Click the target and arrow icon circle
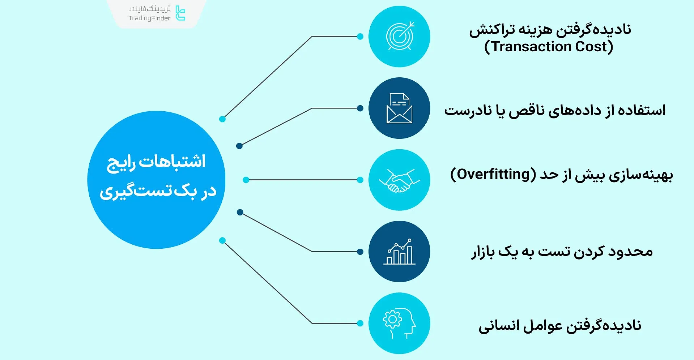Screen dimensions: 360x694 [399, 37]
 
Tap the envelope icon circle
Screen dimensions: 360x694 [399, 108]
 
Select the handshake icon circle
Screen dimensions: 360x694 [399, 180]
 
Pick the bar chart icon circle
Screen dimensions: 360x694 [399, 252]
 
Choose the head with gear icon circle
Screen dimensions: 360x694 [399, 323]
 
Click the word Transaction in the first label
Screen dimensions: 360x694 [531, 47]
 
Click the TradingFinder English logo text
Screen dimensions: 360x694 [149, 18]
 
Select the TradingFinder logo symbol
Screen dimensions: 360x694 [180, 13]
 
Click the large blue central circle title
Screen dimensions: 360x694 [156, 177]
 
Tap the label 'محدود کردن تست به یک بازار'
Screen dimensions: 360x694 [562, 252]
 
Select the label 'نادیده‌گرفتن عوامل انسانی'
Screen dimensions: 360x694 [560, 325]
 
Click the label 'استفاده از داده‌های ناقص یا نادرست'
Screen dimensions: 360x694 [555, 110]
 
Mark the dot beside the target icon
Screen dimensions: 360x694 [360, 37]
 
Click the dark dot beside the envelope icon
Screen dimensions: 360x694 [360, 108]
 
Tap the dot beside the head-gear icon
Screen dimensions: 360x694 [360, 323]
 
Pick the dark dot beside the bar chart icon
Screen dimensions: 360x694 [360, 252]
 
